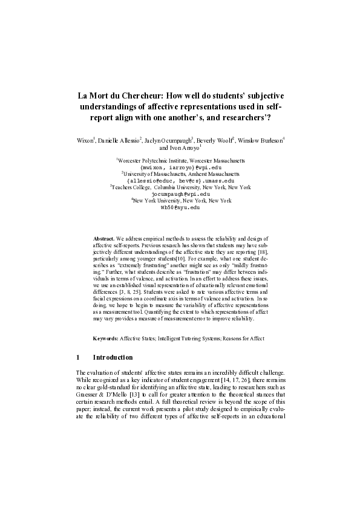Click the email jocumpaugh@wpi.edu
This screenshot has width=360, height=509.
tap(180, 194)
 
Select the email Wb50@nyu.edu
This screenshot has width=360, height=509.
tap(180, 207)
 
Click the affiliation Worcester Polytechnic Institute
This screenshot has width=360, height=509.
tap(153, 161)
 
